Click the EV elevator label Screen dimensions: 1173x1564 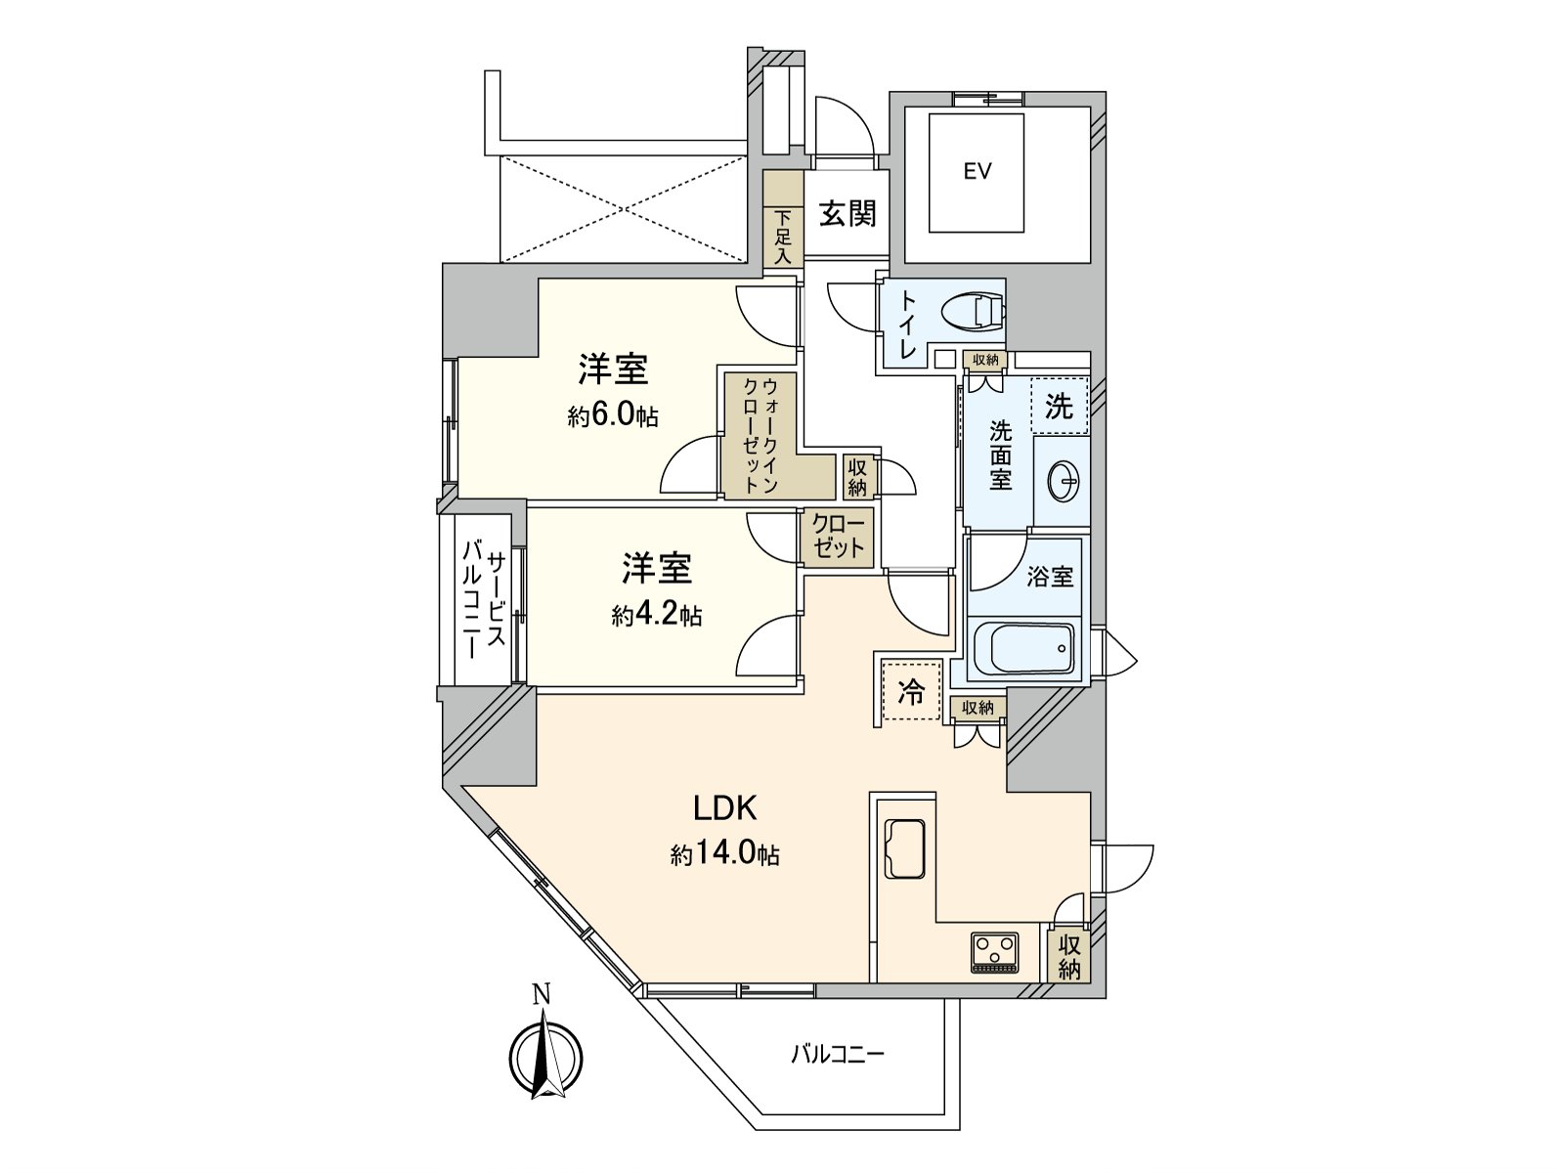[977, 172]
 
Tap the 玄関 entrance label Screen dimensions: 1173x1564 [847, 214]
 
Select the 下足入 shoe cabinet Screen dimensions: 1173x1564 [783, 236]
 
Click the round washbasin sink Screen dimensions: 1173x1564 [1063, 481]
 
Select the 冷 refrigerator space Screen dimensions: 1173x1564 [911, 692]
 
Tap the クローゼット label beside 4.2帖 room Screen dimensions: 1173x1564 [839, 537]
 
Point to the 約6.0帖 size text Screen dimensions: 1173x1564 [613, 417]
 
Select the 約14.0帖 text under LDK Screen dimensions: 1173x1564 [724, 855]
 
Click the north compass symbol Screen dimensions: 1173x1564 [545, 1058]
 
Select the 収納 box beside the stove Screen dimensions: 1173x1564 [1069, 956]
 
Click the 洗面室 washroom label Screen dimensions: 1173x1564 [1000, 456]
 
